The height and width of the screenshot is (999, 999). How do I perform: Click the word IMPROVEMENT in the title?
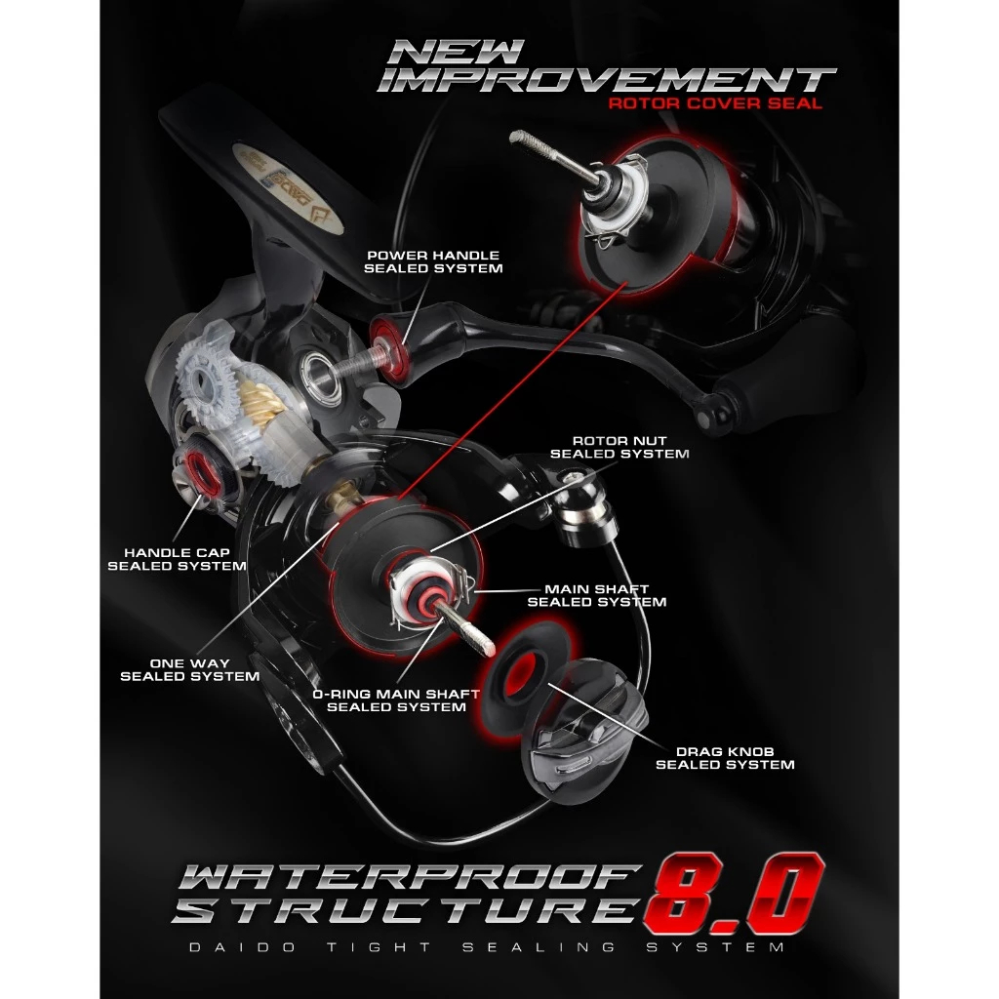pyautogui.click(x=606, y=80)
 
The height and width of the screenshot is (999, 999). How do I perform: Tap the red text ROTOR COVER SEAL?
pyautogui.click(x=715, y=103)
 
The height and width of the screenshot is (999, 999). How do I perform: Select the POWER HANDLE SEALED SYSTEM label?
pyautogui.click(x=433, y=261)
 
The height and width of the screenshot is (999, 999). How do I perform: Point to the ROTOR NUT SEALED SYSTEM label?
pyautogui.click(x=619, y=447)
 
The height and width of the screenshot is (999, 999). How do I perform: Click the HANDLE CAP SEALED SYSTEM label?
pyautogui.click(x=177, y=559)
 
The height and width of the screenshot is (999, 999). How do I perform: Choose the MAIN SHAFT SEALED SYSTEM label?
pyautogui.click(x=596, y=596)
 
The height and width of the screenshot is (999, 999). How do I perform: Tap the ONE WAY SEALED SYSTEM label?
pyautogui.click(x=190, y=670)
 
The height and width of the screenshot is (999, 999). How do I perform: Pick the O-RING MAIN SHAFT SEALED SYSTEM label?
pyautogui.click(x=396, y=700)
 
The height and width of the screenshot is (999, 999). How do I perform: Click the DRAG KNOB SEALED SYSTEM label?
pyautogui.click(x=725, y=758)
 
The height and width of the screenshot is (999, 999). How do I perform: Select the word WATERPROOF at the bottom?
pyautogui.click(x=408, y=877)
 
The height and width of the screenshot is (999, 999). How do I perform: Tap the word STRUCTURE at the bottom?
pyautogui.click(x=405, y=910)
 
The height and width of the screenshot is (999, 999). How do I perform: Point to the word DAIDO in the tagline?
pyautogui.click(x=243, y=947)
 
